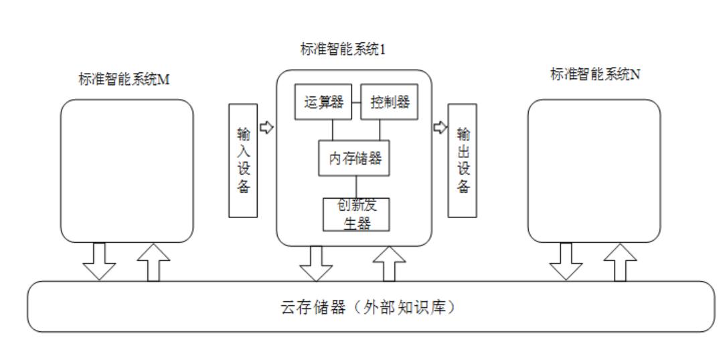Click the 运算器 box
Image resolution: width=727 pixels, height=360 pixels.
323,102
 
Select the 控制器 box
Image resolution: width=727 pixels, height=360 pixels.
389,102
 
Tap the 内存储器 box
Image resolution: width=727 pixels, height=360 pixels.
354,159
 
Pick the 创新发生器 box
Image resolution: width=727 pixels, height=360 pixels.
356,214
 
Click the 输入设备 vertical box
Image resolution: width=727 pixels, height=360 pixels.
243,160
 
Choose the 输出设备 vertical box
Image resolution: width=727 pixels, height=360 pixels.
462,160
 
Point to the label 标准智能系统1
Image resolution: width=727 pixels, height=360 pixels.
343,50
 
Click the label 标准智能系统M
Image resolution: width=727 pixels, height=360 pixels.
124,79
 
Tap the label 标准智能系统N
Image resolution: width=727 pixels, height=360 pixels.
594,74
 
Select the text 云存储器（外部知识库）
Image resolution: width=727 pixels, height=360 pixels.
370,308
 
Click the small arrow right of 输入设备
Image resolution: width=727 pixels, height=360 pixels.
266,126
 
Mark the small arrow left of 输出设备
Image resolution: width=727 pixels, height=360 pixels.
439,126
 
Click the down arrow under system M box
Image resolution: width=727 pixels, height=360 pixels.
99,262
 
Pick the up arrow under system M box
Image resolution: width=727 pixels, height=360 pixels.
153,262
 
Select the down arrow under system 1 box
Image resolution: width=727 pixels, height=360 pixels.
315,264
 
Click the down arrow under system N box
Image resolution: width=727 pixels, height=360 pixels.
566,262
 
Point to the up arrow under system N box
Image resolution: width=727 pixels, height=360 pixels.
620,262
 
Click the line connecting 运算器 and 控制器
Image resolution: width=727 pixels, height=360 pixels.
357,102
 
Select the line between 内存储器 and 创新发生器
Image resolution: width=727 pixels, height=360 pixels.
355,187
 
